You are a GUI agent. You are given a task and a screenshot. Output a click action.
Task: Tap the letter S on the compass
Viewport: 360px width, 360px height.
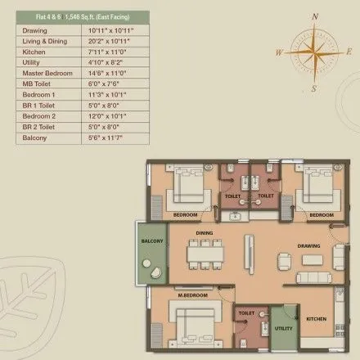point(313,87)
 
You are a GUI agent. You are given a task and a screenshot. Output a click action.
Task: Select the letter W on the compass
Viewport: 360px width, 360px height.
point(281,52)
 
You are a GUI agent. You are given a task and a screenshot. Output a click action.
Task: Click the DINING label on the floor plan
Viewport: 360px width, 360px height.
point(204,233)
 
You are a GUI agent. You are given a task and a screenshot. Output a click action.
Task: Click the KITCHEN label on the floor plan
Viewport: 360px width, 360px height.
point(316,319)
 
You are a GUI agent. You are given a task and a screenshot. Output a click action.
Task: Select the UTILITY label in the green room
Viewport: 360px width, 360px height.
point(283,327)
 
